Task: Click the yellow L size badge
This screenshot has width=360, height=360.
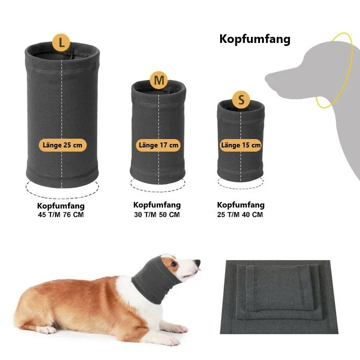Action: point(61,42)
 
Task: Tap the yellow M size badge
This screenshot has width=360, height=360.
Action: point(159,80)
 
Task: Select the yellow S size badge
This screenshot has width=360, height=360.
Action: point(241,99)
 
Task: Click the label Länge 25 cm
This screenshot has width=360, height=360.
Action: point(63,145)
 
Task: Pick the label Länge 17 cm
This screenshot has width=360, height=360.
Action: point(159,145)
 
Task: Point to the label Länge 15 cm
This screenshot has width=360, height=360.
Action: point(241,145)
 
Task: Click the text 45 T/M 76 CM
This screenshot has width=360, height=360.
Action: point(61,215)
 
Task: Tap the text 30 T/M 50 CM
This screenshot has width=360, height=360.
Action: point(157,215)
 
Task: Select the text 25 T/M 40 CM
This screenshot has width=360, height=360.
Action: point(240,215)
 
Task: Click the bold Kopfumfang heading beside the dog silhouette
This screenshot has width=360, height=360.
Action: point(255,39)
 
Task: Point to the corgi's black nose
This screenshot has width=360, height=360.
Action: point(197,263)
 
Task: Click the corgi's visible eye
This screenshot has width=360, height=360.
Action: point(174,264)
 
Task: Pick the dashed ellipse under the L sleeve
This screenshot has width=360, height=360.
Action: point(62,196)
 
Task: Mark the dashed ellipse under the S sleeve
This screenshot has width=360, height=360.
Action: point(241,188)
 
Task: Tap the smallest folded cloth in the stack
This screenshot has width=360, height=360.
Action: point(279,288)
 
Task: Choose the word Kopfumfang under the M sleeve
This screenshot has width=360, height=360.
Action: point(157,205)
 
